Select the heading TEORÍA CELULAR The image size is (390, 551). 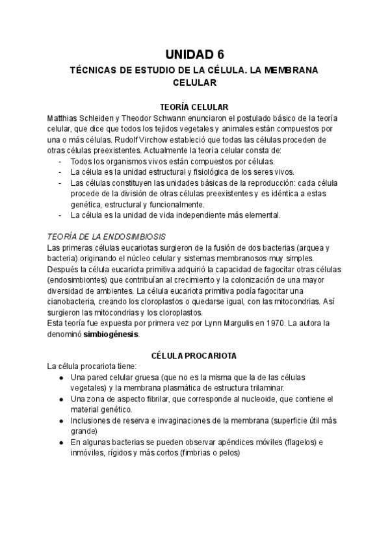click(194, 107)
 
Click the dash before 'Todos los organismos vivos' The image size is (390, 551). click(60, 161)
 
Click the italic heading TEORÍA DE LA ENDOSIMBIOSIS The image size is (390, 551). click(107, 237)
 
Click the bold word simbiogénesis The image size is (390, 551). click(111, 333)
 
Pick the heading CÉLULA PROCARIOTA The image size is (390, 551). click(194, 355)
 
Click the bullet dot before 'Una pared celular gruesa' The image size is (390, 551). click(60, 378)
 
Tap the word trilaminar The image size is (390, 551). click(244, 388)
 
